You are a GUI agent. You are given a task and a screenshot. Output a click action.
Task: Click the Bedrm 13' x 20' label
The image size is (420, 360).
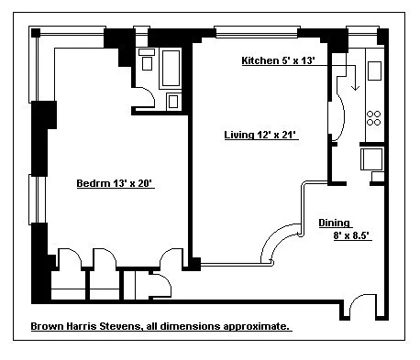(115, 183)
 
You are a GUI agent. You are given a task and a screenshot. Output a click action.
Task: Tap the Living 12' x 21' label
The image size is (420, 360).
(261, 135)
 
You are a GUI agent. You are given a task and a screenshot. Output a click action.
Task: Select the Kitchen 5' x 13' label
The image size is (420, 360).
(278, 60)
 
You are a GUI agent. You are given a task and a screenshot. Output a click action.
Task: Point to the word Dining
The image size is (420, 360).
(334, 224)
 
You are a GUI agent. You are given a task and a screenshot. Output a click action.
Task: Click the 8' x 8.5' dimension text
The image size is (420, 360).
(352, 235)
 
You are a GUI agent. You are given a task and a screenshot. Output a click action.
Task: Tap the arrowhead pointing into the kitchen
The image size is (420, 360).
(355, 87)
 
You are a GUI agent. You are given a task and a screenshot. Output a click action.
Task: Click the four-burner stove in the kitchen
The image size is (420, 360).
(374, 118)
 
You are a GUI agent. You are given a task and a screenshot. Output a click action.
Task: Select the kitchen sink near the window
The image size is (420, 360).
(374, 71)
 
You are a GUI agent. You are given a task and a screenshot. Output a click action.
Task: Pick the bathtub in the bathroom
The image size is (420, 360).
(171, 69)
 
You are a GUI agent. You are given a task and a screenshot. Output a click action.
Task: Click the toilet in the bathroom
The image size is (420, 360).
(147, 60)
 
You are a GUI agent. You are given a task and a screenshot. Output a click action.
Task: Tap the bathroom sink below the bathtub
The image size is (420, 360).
(173, 102)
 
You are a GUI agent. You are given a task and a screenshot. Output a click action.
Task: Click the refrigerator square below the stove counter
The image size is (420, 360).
(371, 159)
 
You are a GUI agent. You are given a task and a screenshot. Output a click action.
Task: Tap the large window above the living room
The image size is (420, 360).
(257, 32)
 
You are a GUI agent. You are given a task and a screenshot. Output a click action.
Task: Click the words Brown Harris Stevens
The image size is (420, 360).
(86, 326)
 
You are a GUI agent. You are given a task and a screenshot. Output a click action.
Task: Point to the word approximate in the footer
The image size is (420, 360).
(254, 326)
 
